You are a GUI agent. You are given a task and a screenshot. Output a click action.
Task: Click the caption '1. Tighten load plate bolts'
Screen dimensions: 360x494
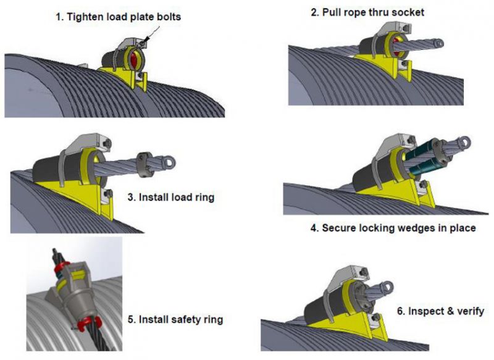click(119, 17)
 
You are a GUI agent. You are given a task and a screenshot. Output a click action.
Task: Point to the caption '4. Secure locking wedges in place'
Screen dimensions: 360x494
click(393, 228)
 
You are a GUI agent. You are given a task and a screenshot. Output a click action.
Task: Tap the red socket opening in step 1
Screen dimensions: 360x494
click(135, 61)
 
